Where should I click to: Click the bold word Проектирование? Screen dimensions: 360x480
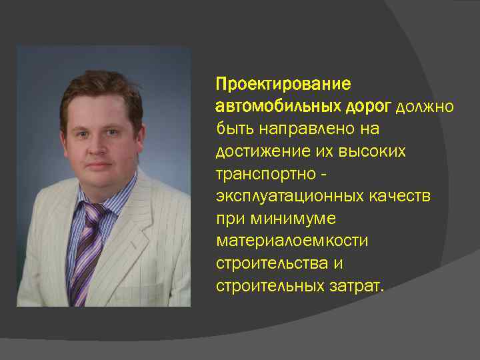(x=283, y=85)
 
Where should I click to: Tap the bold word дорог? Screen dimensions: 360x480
(x=369, y=107)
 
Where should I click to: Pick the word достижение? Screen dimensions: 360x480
(x=257, y=152)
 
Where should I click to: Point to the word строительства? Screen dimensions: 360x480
(x=269, y=264)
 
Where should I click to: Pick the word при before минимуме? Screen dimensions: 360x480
(x=229, y=219)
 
